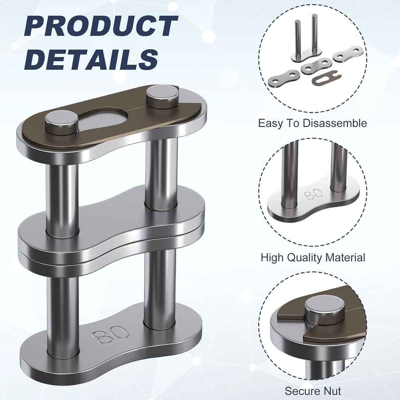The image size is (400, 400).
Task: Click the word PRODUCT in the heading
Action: point(101,26)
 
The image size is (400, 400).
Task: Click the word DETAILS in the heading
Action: point(91,59)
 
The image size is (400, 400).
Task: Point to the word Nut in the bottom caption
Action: point(331,391)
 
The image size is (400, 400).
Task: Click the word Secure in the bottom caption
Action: point(302,391)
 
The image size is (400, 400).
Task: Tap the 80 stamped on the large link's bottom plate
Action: point(111,335)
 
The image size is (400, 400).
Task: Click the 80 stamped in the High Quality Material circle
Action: point(313,194)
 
